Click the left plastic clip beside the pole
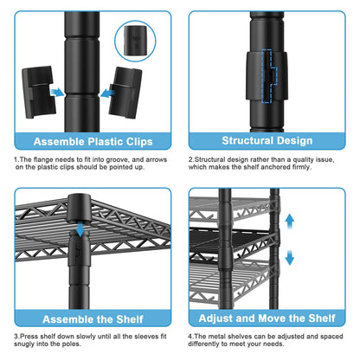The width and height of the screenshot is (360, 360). (37, 92)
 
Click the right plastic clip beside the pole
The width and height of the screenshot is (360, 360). (125, 93)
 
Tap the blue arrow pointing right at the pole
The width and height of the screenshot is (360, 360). (57, 93)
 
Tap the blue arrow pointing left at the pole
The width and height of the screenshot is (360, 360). (107, 93)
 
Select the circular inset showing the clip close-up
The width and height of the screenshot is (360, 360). (135, 41)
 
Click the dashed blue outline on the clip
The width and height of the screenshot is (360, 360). (269, 76)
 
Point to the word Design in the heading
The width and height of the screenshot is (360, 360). (294, 141)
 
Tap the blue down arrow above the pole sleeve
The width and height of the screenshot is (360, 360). (80, 228)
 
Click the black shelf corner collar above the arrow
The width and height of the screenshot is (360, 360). (80, 209)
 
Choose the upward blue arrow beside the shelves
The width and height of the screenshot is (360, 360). (289, 222)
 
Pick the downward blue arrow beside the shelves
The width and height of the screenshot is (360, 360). (289, 258)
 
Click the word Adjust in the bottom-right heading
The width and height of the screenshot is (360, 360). (215, 318)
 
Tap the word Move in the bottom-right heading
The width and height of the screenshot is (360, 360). (272, 318)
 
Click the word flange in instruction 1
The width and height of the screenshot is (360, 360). (43, 159)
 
